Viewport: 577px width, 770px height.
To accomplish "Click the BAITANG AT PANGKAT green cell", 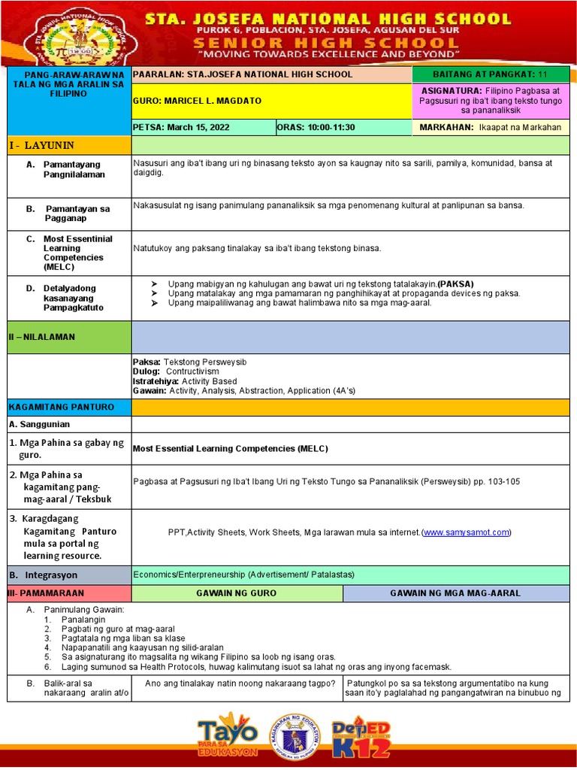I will click(491, 74).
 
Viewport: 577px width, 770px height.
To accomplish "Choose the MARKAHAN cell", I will click(491, 127).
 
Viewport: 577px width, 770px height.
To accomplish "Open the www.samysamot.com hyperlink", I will click(466, 532).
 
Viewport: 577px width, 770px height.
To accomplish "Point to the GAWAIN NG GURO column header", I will click(236, 593).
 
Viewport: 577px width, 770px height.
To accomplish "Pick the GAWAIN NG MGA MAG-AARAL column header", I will click(455, 593).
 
